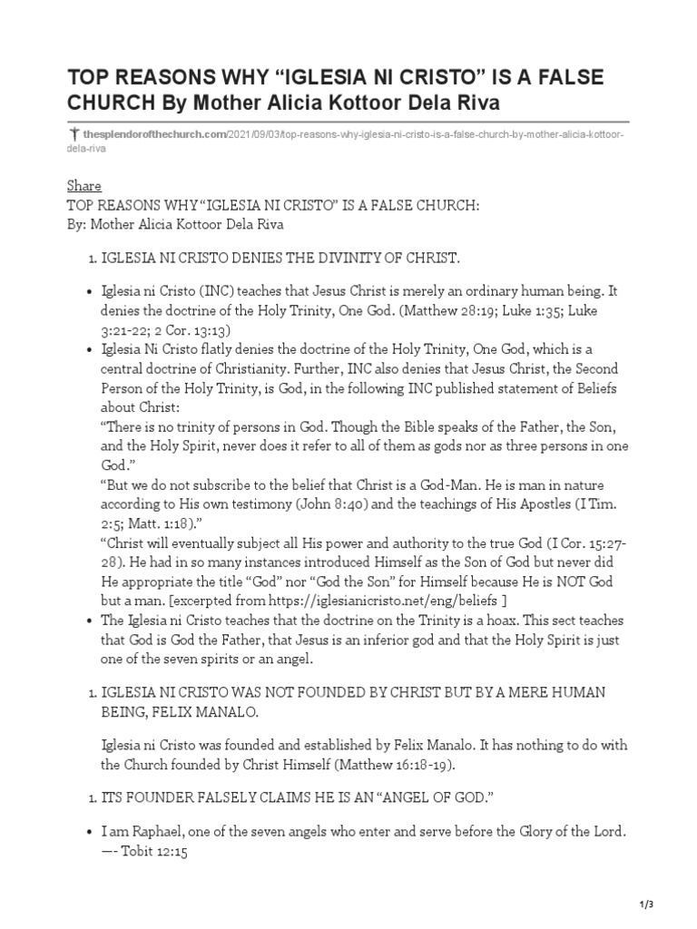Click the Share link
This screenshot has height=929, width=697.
point(84,186)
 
